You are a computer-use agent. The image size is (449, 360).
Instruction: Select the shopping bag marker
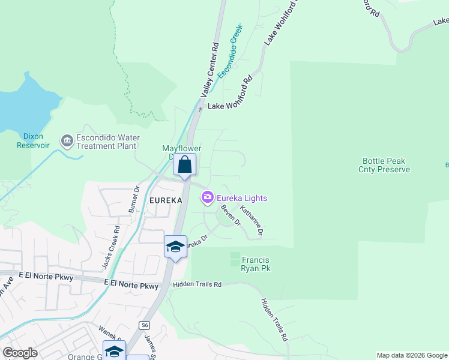click(185, 164)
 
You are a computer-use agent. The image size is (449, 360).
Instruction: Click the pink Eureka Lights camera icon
click(208, 197)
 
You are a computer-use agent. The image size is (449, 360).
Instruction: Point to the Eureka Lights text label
click(242, 198)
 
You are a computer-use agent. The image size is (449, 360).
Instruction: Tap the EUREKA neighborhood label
click(162, 200)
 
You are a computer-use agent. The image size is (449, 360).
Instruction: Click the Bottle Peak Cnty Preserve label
click(386, 165)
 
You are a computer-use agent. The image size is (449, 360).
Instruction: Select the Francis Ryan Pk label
click(256, 264)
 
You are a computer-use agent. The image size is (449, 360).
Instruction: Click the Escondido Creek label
click(231, 52)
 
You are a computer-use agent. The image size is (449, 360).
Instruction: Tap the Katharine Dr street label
click(252, 220)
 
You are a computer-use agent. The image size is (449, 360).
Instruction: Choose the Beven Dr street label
click(231, 215)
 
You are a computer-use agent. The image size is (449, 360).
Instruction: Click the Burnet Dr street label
click(134, 200)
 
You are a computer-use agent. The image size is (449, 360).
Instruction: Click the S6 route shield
click(144, 325)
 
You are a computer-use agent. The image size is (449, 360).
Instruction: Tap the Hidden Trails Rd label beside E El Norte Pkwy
click(197, 284)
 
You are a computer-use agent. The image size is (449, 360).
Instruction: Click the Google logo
click(20, 353)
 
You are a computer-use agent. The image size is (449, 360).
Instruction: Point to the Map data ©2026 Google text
click(412, 355)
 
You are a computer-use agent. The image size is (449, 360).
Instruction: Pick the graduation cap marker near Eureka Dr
click(175, 247)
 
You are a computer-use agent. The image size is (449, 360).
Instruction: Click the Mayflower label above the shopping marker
click(181, 148)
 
